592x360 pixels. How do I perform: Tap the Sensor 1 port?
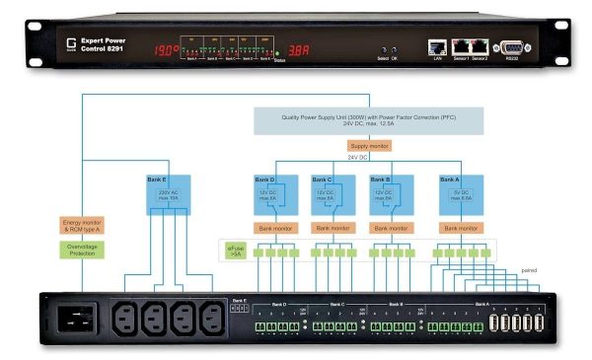(x=461, y=45)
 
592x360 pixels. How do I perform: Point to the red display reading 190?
(x=165, y=49)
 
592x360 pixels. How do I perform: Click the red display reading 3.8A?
(x=300, y=49)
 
